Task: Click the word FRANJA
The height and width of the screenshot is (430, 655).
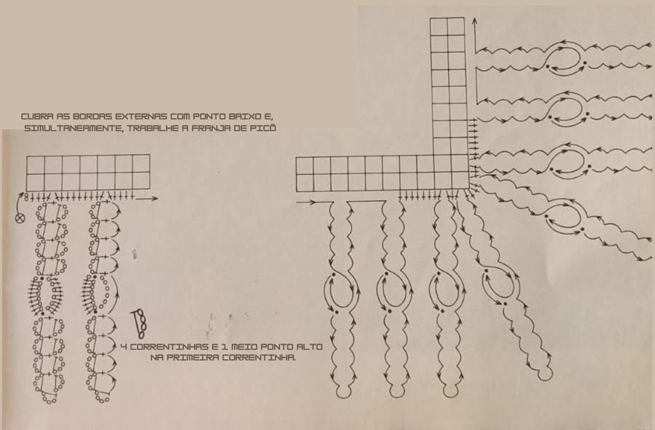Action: (x=213, y=128)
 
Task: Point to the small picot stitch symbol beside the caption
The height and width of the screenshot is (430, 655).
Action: (x=140, y=323)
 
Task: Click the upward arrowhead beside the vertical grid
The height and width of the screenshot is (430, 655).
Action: (x=474, y=20)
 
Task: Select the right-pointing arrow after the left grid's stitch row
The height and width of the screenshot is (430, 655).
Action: (x=146, y=198)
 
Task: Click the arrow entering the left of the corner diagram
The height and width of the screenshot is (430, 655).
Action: (x=306, y=203)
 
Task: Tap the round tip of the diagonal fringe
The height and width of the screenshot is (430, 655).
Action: (x=545, y=374)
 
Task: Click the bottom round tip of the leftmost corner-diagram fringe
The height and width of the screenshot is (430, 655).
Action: (x=344, y=391)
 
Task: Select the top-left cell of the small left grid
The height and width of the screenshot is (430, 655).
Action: (x=35, y=164)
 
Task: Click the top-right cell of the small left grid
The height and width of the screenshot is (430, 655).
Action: (x=141, y=164)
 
